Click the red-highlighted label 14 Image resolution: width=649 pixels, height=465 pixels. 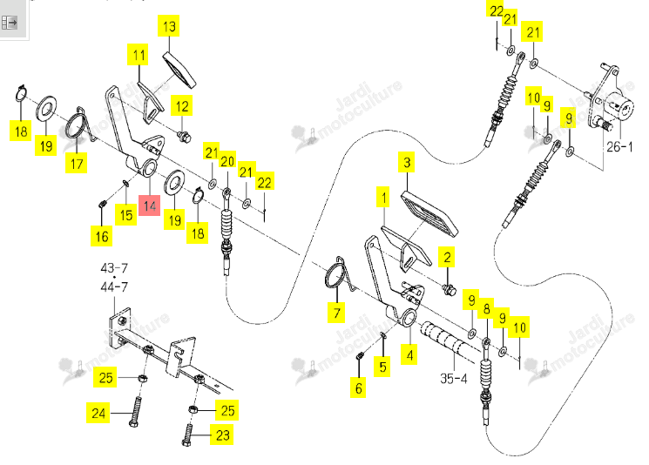150,206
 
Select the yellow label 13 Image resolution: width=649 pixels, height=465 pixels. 169,26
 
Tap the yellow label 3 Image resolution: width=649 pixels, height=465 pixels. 408,163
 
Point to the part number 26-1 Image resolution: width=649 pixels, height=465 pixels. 619,147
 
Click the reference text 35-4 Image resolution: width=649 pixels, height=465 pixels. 454,378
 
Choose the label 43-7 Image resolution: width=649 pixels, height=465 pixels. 114,267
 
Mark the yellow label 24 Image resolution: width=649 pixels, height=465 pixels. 98,413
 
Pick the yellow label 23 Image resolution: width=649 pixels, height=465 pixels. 223,435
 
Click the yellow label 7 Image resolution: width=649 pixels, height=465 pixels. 337,313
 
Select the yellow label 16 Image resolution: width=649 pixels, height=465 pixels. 102,236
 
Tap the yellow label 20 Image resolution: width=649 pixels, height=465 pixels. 227,161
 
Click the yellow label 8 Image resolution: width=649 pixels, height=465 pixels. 486,308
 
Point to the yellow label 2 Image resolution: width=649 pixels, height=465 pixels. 447,258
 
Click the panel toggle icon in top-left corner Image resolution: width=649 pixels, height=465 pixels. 9,22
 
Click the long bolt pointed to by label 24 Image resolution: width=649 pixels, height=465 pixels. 135,412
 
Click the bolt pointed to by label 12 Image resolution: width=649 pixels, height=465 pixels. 184,136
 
